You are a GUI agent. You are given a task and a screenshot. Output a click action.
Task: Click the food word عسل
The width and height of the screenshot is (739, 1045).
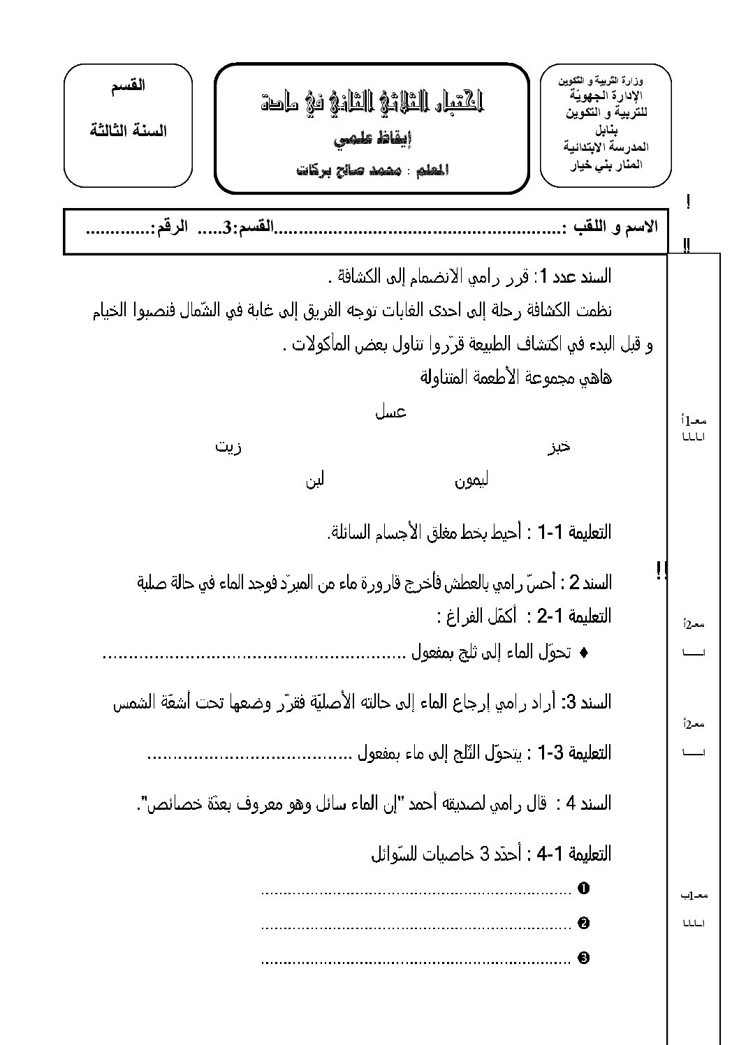point(392,412)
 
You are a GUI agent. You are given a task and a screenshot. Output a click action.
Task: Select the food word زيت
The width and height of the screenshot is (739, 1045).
point(229,447)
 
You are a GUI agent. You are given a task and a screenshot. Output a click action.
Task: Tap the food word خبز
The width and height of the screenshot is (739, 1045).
point(558,447)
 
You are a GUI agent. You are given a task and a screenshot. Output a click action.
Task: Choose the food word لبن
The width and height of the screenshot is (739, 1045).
point(314,482)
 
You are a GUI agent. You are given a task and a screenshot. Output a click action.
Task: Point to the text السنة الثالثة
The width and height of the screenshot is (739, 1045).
point(129,130)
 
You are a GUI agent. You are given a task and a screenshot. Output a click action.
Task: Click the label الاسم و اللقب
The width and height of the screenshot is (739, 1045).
point(615,228)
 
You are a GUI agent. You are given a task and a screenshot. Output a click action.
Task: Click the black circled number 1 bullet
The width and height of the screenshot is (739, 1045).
point(584,889)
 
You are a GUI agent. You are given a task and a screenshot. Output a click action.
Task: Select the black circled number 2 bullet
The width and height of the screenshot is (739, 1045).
point(584,924)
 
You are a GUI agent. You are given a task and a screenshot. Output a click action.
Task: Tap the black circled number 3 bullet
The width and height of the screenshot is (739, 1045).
point(584,958)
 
